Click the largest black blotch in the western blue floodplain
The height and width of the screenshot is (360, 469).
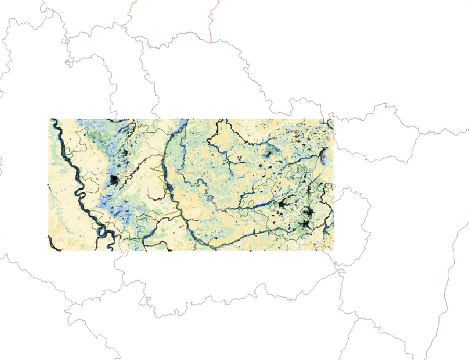114,181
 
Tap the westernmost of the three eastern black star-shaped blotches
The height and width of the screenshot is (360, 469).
282,204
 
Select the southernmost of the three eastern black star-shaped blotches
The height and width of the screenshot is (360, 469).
306,225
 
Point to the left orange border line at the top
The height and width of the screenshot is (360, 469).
132,11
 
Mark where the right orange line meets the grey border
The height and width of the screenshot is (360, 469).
211,43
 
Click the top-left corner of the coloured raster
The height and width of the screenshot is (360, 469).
50,119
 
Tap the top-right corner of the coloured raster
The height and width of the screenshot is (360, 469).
333,119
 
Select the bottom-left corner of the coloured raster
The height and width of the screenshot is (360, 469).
50,251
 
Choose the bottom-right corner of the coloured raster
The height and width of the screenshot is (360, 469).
333,251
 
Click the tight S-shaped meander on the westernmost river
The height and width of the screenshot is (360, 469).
79,196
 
